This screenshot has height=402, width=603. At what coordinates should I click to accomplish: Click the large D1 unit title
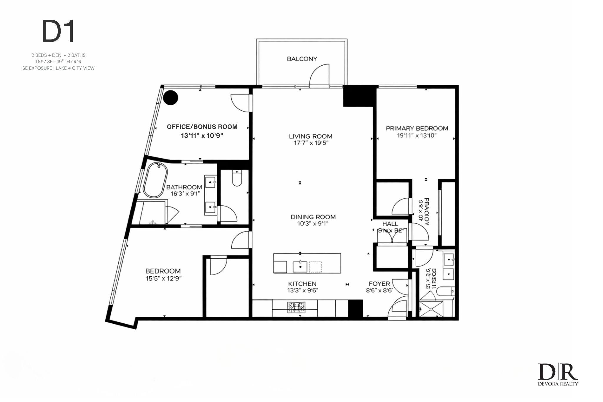[58, 31]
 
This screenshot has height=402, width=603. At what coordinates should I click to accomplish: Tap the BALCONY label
[302, 59]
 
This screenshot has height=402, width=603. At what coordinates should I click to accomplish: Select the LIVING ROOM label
[310, 136]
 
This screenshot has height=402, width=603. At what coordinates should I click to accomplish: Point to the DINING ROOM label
[313, 217]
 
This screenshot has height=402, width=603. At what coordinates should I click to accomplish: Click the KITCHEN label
[302, 284]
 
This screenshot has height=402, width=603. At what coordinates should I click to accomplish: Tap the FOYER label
[379, 284]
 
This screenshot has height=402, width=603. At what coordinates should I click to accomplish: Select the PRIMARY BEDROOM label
[417, 128]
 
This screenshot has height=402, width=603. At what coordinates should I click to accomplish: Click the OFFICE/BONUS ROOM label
[202, 127]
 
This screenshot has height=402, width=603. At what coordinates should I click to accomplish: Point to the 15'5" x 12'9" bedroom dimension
[163, 278]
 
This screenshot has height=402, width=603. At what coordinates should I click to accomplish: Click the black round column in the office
[171, 98]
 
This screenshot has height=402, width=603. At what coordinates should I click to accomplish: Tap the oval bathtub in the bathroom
[155, 180]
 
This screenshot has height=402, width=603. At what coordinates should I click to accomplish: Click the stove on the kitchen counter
[296, 307]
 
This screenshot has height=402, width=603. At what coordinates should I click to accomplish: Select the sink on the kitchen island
[300, 267]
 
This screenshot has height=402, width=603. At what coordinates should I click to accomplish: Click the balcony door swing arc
[319, 75]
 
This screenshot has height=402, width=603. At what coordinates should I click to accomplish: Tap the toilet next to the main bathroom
[237, 178]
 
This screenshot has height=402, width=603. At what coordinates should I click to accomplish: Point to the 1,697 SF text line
[58, 62]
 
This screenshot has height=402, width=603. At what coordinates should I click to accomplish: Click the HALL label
[390, 224]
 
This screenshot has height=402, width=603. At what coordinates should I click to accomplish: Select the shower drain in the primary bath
[431, 309]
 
